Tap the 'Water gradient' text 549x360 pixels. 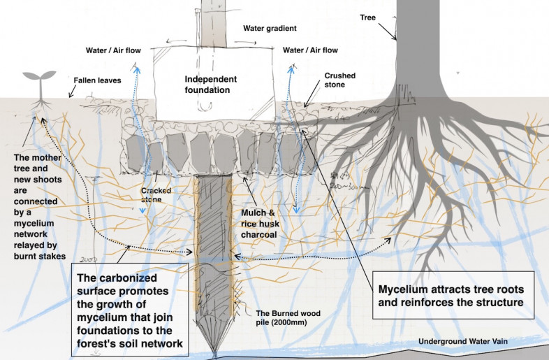click(x=270, y=29)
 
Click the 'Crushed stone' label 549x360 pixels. click(x=340, y=80)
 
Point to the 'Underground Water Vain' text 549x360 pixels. click(x=462, y=341)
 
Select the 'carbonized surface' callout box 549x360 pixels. click(x=129, y=311)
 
